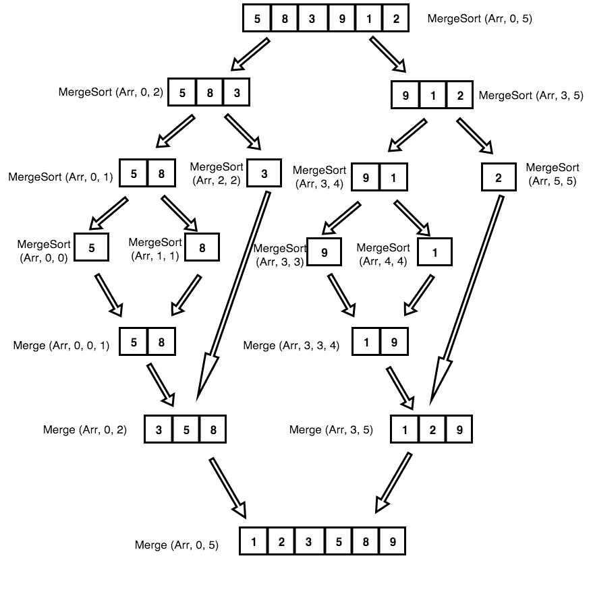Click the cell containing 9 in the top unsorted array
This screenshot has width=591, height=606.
342,18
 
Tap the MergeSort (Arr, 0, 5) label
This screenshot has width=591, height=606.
480,19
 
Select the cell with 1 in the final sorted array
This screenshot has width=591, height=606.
254,541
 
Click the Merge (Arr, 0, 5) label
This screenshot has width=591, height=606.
177,545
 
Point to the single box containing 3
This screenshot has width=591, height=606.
264,174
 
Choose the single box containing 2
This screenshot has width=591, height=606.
499,178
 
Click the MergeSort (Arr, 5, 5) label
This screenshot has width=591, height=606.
552,174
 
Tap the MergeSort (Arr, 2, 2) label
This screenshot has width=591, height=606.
215,173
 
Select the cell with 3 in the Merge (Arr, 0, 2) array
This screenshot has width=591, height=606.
159,429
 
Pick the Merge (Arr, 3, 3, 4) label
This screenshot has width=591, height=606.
291,345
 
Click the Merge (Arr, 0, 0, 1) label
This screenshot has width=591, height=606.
61,345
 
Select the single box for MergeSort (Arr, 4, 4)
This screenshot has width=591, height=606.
434,253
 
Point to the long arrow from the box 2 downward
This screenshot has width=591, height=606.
466,297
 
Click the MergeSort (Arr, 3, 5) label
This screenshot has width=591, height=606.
530,95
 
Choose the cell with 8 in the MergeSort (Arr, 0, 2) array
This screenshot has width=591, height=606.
209,93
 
